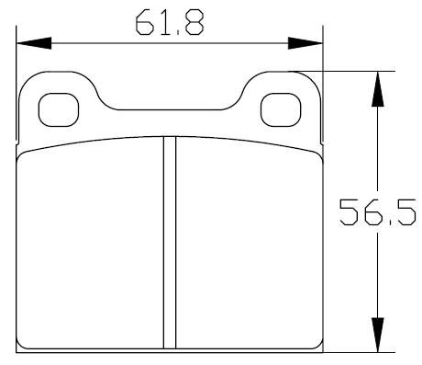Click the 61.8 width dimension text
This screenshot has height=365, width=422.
[170, 22]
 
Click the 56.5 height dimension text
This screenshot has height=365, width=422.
[377, 212]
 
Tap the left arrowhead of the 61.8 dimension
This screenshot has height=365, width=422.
[34, 43]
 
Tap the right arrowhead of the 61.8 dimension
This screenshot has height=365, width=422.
[305, 43]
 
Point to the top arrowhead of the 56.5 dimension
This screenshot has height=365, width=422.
[378, 89]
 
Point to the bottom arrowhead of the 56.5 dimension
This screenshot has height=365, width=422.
[378, 335]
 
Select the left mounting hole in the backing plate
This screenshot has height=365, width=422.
[59, 109]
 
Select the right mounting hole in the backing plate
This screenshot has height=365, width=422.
[281, 109]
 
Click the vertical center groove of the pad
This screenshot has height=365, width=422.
[170, 243]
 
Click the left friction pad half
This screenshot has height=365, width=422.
[90, 245]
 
